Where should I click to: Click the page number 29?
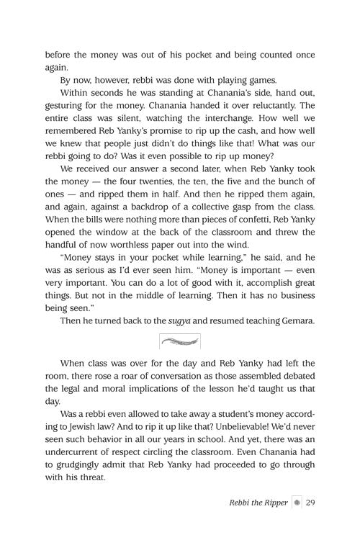[x=311, y=502]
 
